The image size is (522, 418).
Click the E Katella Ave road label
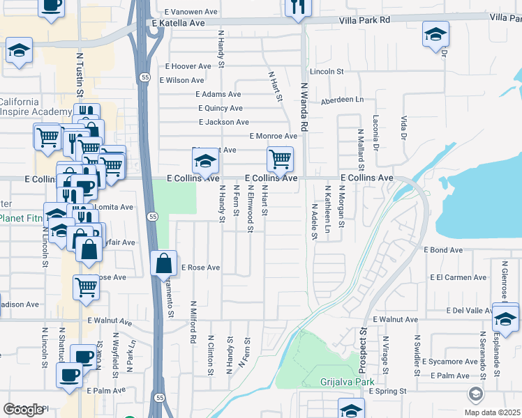click(x=178, y=23)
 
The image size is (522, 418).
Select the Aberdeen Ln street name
click(x=343, y=100)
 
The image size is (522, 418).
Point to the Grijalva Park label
click(x=348, y=382)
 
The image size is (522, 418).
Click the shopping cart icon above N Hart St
click(x=280, y=159)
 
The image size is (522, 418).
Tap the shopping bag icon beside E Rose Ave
click(x=163, y=264)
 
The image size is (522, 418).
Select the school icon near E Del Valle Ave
click(x=505, y=318)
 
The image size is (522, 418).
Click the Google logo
click(x=23, y=410)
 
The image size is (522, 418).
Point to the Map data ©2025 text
click(x=492, y=412)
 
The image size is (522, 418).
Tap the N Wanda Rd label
click(x=304, y=108)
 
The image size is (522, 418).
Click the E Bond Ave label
click(x=447, y=249)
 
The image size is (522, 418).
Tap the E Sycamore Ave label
click(x=450, y=362)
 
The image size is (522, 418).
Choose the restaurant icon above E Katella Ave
click(x=297, y=7)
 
